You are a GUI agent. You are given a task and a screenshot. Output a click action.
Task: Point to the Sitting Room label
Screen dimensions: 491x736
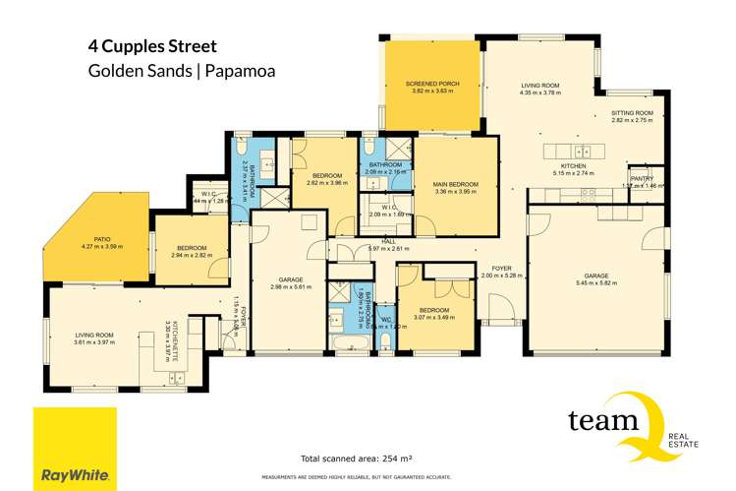click(633, 113)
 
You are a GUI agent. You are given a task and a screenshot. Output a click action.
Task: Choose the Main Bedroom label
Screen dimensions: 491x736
click(455, 183)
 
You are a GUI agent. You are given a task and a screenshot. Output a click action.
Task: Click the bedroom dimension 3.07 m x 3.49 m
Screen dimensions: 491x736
click(434, 316)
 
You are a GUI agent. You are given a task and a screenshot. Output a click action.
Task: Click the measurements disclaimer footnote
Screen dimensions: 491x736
click(361, 477)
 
